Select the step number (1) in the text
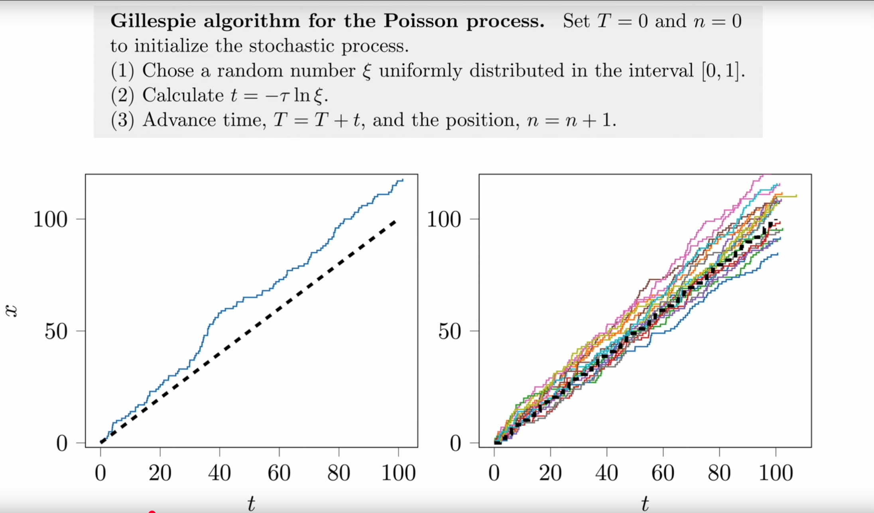click(122, 71)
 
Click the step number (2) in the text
click(122, 96)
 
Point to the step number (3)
click(122, 120)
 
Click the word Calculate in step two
click(183, 95)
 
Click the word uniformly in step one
click(420, 71)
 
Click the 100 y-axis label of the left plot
click(51, 219)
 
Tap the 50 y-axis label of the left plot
click(56, 331)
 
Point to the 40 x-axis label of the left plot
click(219, 473)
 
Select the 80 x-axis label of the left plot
click(339, 473)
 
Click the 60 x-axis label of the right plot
click(663, 473)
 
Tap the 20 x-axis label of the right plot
click(550, 473)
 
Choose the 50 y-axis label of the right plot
click(449, 331)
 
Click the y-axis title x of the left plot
click(12, 311)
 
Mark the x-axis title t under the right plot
click(645, 503)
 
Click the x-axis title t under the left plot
click(251, 503)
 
